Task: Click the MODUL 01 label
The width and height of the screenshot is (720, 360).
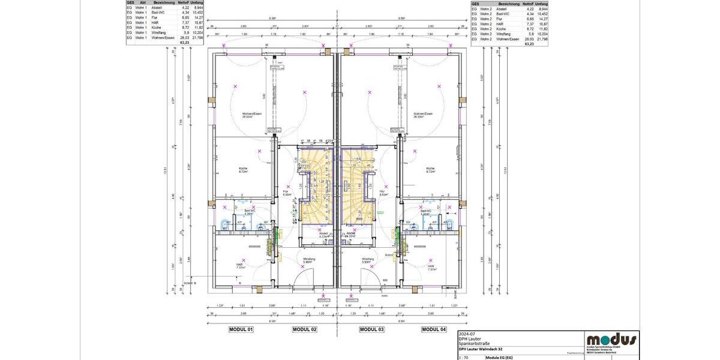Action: (241, 329)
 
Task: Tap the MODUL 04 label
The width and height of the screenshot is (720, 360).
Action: (434, 329)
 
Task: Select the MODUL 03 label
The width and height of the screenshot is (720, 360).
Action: (371, 329)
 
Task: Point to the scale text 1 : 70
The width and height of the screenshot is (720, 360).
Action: (464, 358)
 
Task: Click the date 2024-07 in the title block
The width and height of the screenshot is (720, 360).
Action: (467, 334)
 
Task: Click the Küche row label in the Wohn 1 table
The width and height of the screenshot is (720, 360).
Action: (157, 28)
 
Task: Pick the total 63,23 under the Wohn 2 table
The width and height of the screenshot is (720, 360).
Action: (529, 44)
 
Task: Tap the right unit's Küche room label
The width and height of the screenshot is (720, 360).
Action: (430, 169)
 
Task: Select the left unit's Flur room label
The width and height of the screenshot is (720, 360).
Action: (287, 193)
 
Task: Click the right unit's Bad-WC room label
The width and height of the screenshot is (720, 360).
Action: (426, 212)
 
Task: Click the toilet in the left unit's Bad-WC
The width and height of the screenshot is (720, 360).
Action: (226, 225)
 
